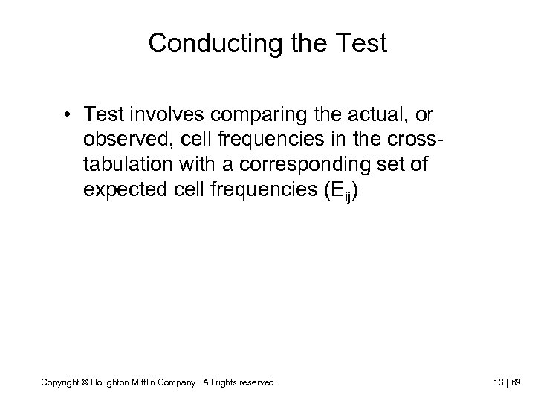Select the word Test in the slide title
(359, 43)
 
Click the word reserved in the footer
(259, 382)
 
